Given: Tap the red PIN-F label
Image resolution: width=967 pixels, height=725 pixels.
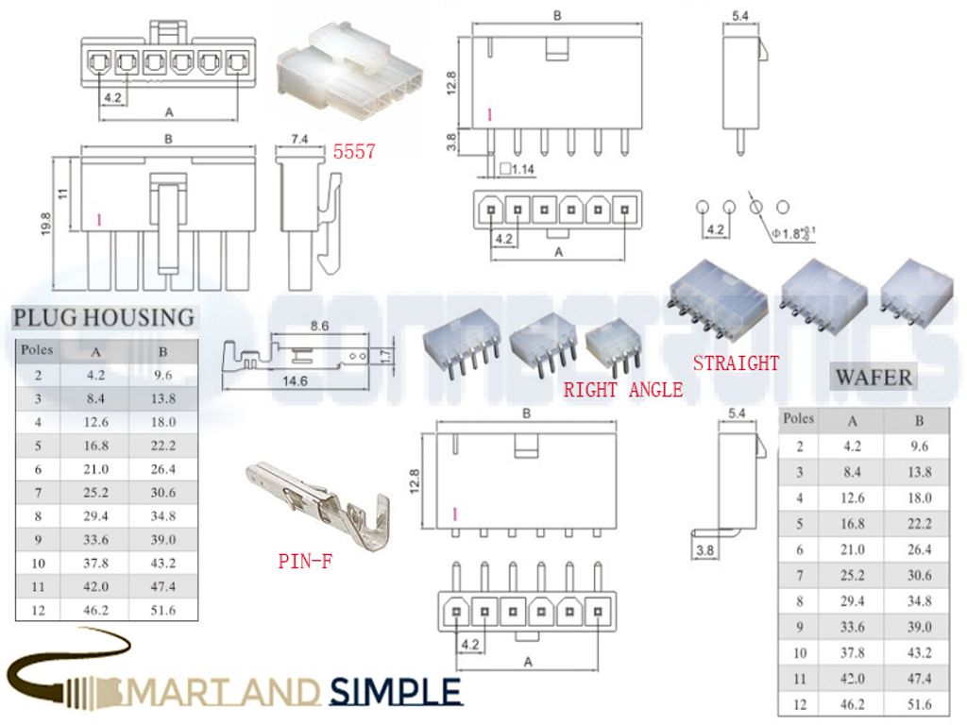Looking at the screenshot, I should (305, 561).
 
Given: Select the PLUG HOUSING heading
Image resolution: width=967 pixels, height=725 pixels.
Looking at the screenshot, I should (104, 317).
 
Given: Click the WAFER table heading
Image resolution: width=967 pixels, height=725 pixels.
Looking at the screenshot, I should (873, 378).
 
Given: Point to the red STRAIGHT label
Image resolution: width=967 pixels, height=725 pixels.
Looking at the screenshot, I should (737, 363).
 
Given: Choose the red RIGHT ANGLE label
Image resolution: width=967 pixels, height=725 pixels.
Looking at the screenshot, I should (623, 389).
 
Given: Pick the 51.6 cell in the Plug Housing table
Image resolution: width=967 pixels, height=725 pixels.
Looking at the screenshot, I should (162, 610).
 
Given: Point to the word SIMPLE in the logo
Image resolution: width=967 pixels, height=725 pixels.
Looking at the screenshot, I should (397, 692).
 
